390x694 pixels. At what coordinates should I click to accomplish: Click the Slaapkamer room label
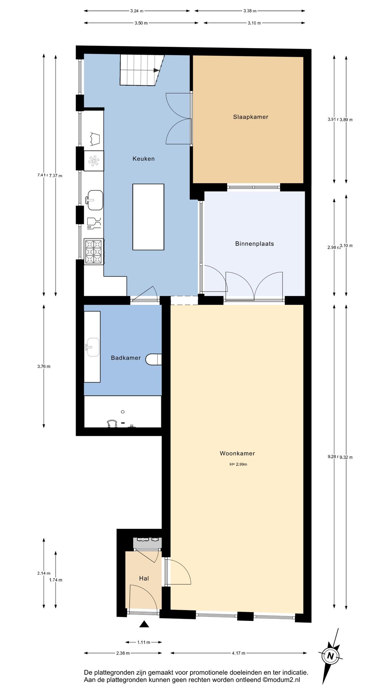click(x=251, y=117)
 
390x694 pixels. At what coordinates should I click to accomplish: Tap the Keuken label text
click(x=143, y=158)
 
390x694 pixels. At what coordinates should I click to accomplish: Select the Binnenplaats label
click(x=254, y=244)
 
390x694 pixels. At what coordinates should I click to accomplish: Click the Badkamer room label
click(x=126, y=357)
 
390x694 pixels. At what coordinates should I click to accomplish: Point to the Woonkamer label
click(x=237, y=453)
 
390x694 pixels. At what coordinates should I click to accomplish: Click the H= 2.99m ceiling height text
click(x=238, y=464)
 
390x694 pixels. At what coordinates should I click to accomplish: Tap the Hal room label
click(x=144, y=578)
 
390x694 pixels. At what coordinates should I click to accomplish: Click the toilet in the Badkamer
click(x=153, y=359)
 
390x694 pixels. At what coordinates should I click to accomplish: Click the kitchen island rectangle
click(x=148, y=217)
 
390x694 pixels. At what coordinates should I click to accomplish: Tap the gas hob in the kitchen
click(x=94, y=252)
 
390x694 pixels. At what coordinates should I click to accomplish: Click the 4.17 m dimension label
click(x=238, y=653)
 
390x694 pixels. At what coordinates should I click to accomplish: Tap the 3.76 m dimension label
click(x=44, y=366)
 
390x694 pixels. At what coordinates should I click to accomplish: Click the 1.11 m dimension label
click(x=143, y=642)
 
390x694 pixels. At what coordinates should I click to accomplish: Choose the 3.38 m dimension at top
click(x=250, y=11)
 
